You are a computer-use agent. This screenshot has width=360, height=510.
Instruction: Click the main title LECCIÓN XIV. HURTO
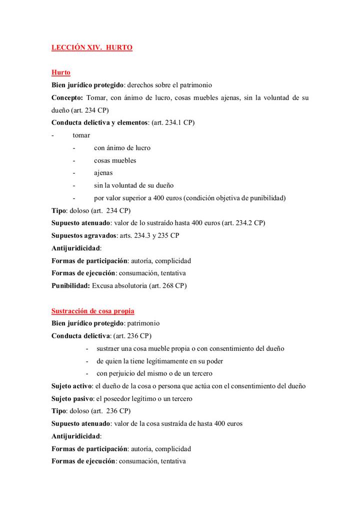[92, 48]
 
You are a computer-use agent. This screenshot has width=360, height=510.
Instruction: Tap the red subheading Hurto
[61, 73]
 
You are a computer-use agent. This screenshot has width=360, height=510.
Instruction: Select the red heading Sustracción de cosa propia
[93, 311]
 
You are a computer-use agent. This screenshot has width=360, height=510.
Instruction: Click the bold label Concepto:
[67, 98]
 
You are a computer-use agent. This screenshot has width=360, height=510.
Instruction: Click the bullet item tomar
[81, 135]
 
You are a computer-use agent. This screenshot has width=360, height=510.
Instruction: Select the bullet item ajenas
[103, 173]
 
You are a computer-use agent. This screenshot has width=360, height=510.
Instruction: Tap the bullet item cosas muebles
[114, 160]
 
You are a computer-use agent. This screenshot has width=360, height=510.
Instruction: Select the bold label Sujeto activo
[72, 386]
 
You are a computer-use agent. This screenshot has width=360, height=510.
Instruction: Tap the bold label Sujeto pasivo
[72, 398]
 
